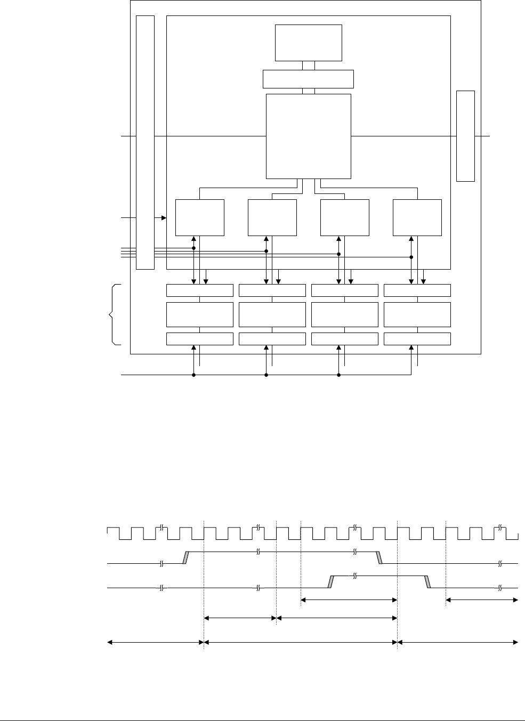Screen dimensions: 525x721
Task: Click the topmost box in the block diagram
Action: click(x=308, y=43)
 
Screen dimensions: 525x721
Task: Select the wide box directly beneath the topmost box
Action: click(x=308, y=79)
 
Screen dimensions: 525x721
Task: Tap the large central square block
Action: click(x=308, y=136)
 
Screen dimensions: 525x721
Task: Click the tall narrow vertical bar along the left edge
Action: click(x=145, y=142)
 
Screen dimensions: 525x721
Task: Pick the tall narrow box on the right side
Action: click(x=465, y=136)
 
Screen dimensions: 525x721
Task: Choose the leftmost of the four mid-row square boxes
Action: click(x=199, y=217)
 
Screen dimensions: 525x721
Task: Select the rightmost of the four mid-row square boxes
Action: click(x=417, y=217)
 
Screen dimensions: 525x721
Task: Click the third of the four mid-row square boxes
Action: click(x=344, y=217)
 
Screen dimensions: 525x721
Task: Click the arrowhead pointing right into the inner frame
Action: click(x=164, y=217)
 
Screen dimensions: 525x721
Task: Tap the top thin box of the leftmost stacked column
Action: click(x=199, y=290)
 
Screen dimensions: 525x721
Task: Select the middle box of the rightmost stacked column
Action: click(x=417, y=314)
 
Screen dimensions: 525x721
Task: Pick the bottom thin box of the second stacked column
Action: click(x=272, y=338)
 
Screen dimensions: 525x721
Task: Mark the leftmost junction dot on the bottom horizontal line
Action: click(x=193, y=375)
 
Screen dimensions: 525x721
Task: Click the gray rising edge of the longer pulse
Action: click(x=186, y=557)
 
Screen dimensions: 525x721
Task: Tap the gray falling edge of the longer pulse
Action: click(x=379, y=557)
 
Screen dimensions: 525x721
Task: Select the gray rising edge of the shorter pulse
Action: click(x=330, y=582)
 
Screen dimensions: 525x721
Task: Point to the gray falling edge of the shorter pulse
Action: click(x=427, y=582)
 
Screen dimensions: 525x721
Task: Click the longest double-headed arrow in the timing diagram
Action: click(x=301, y=643)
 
